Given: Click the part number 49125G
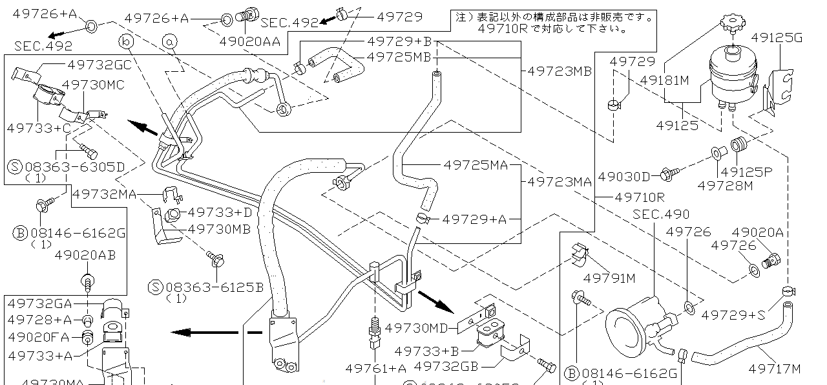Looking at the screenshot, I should click(776, 38).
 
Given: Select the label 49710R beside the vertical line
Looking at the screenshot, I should click(639, 197).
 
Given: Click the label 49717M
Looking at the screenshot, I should click(775, 369).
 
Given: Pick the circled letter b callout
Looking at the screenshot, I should click(126, 42).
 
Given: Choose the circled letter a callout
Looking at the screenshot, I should click(169, 42).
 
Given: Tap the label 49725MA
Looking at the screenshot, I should click(476, 166).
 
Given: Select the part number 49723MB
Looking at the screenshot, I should click(560, 71).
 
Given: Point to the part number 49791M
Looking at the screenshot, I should click(609, 278).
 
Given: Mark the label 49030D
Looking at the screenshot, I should click(623, 176).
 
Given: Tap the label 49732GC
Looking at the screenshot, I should click(99, 65).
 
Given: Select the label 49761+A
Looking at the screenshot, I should click(376, 368).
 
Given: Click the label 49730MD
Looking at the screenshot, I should click(416, 328).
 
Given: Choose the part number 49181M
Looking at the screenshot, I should click(665, 81).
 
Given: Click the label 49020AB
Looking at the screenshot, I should click(85, 256).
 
